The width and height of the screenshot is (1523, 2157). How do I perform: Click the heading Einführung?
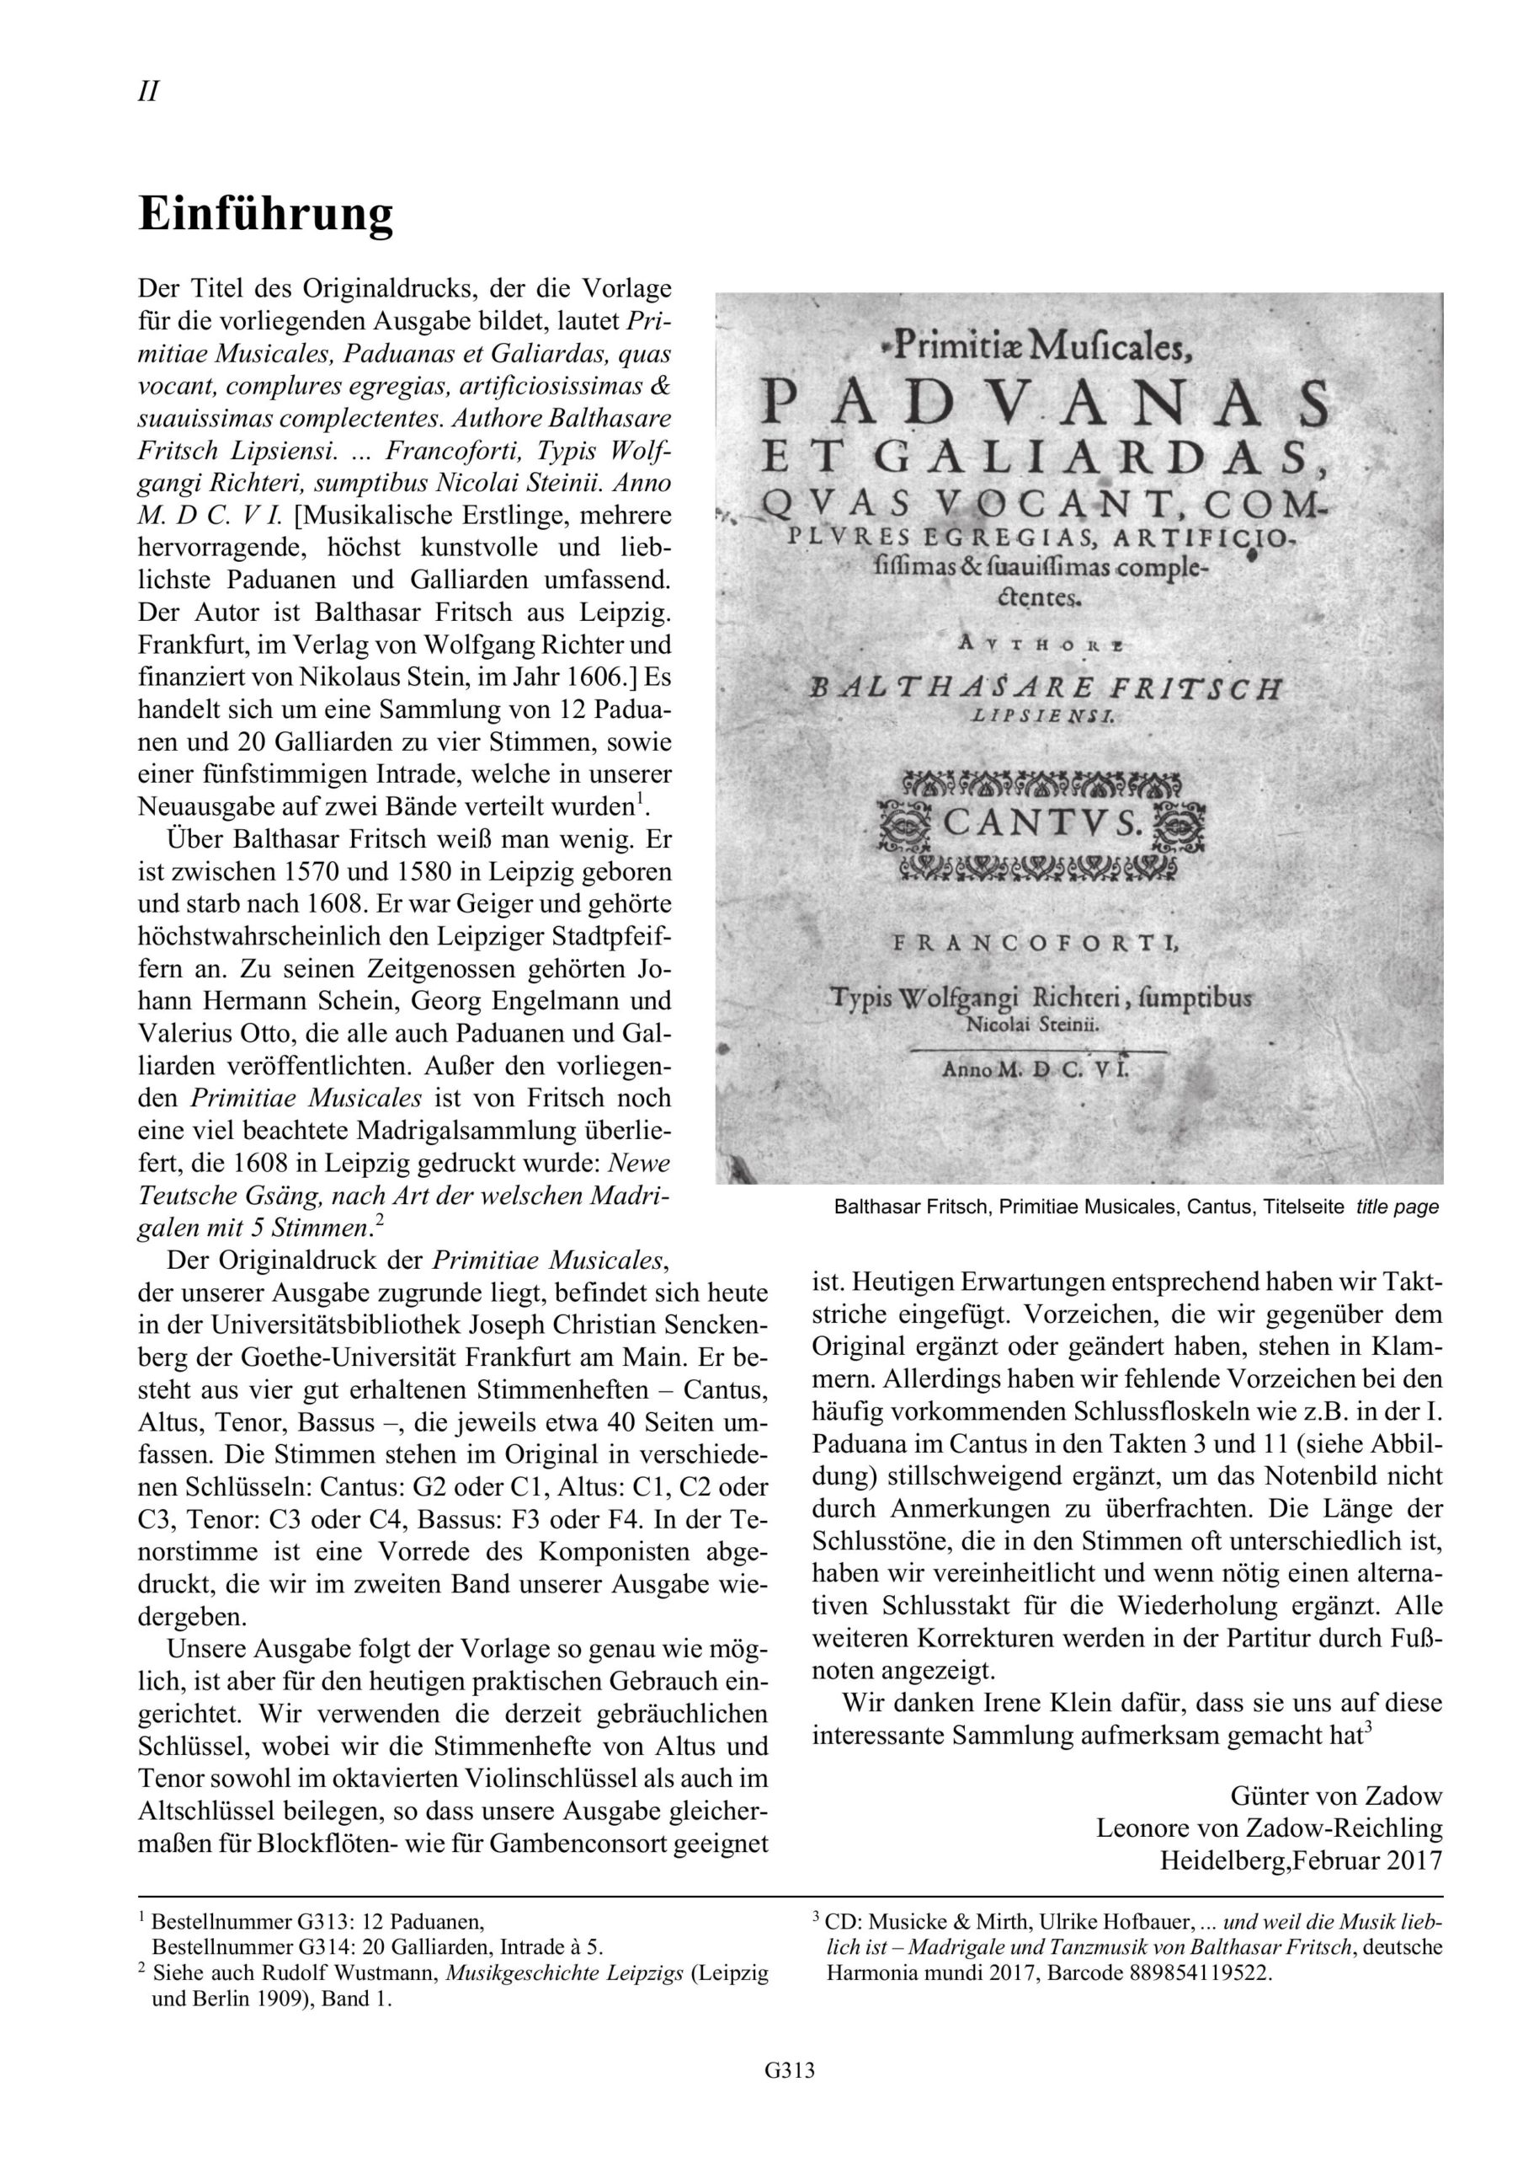(266, 214)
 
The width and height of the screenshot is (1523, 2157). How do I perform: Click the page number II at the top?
(147, 92)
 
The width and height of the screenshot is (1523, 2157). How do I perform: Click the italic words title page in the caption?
(1398, 1207)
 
